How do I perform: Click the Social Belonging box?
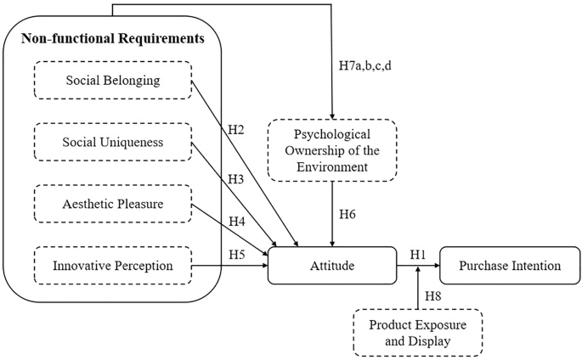(113, 81)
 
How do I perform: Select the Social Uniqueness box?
(113, 143)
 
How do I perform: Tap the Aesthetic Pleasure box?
(113, 205)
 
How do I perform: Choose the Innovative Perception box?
(113, 266)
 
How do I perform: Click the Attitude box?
(331, 266)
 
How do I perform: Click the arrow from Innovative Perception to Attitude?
(229, 266)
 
